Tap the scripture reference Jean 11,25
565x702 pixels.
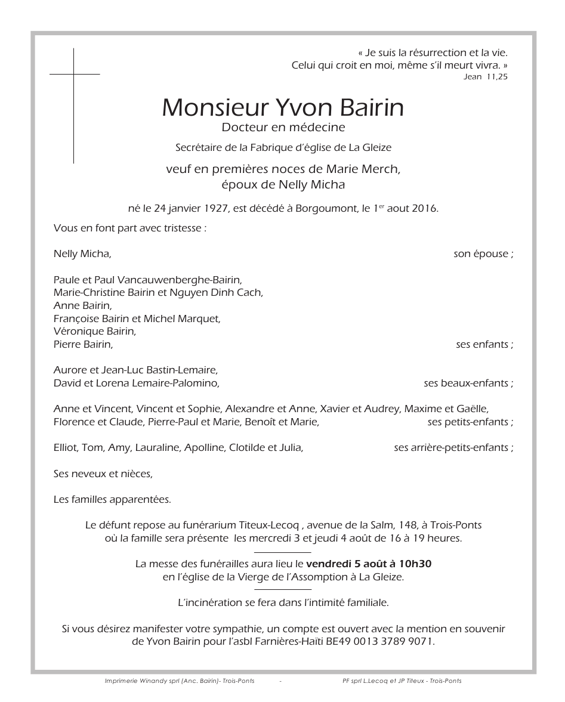(486, 77)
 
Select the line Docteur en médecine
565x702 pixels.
(283, 127)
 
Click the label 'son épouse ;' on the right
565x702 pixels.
(483, 254)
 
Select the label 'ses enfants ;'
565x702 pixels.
(484, 345)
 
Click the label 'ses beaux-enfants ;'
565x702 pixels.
(468, 384)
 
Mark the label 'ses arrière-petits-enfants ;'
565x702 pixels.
(453, 448)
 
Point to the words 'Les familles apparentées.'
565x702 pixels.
(112, 500)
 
